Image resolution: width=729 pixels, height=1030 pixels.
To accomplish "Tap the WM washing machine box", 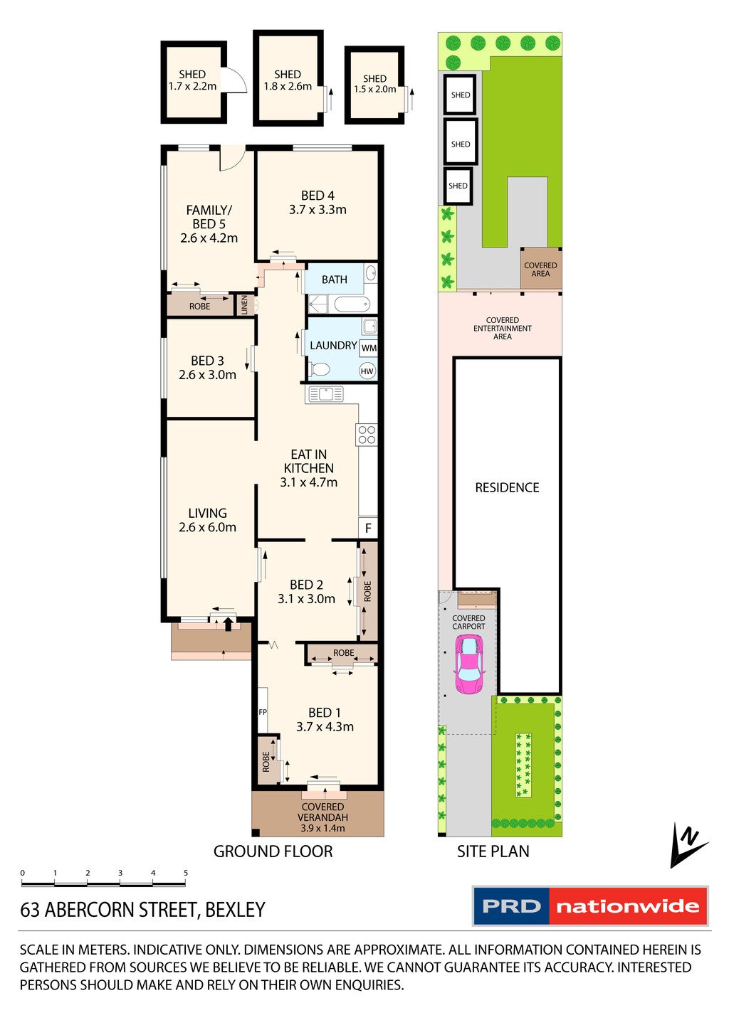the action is [368, 348].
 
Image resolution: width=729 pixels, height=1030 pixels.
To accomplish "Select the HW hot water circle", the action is [367, 371].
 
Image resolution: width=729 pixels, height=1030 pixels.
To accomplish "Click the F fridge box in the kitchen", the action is [368, 529].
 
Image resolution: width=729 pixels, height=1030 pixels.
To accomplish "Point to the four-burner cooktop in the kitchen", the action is [367, 435].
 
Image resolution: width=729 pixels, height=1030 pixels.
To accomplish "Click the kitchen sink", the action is [326, 394].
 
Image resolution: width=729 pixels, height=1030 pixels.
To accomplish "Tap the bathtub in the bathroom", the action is [352, 304].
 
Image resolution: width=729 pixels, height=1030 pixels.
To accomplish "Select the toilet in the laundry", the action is [320, 368].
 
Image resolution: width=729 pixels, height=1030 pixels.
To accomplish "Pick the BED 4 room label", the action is [318, 196].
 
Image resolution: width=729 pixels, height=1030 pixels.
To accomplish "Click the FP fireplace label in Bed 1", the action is [263, 712].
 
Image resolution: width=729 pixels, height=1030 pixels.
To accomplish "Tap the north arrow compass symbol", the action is [688, 846].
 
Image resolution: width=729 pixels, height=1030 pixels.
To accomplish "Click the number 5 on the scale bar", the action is [186, 873].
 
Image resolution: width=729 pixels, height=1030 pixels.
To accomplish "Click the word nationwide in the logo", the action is [628, 906].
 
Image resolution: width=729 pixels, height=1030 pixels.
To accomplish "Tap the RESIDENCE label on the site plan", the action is [507, 487].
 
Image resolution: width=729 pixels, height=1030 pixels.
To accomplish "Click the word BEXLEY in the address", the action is [235, 910].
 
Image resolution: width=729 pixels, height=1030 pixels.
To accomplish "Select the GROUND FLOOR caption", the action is [273, 851].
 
